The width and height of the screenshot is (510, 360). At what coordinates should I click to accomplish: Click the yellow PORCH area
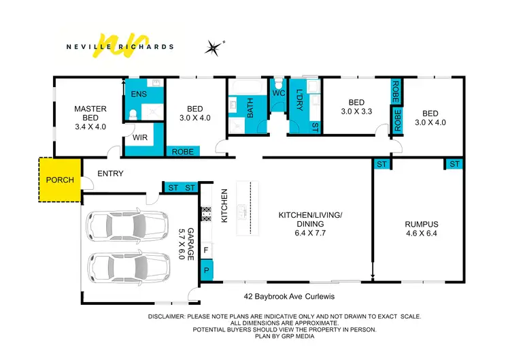[58, 180]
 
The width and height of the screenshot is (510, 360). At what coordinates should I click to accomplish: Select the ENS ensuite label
[139, 94]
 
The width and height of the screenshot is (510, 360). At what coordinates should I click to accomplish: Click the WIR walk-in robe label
[141, 137]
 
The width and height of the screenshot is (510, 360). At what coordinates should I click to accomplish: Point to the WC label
[278, 93]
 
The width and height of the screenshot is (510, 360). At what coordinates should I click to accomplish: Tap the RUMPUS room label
[422, 224]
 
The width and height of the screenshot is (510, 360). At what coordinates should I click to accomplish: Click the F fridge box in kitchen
[206, 250]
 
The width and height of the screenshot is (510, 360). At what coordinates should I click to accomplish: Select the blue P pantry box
[206, 271]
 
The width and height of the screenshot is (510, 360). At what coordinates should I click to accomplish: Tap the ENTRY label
[110, 174]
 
